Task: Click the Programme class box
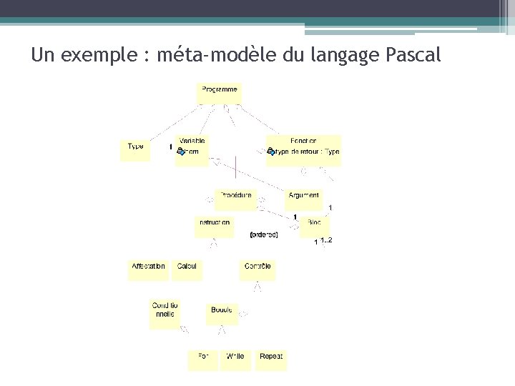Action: point(219,92)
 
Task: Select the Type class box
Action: point(135,149)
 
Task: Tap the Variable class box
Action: point(192,150)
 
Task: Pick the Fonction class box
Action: point(303,150)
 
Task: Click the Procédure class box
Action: point(235,198)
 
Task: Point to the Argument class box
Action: point(304,198)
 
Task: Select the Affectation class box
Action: point(148,269)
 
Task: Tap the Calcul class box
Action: point(187,269)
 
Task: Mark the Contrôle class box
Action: point(257,269)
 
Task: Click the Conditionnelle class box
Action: point(165,313)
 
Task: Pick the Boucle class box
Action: point(222,313)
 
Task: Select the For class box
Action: point(202,360)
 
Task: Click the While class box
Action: point(235,360)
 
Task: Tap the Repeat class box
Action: point(271,360)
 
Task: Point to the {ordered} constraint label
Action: point(263,234)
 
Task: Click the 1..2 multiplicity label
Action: point(326,240)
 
